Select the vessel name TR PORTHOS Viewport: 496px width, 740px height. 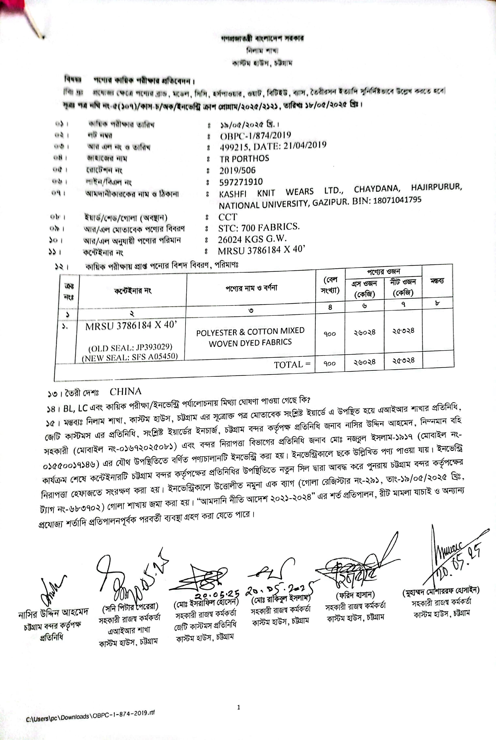pos(244,158)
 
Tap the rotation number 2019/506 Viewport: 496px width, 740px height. pos(237,170)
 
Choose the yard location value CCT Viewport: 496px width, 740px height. pos(228,217)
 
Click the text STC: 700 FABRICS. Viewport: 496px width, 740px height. pos(259,227)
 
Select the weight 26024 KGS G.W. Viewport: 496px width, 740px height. pos(252,239)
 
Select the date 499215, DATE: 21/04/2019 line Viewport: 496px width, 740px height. pos(273,146)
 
